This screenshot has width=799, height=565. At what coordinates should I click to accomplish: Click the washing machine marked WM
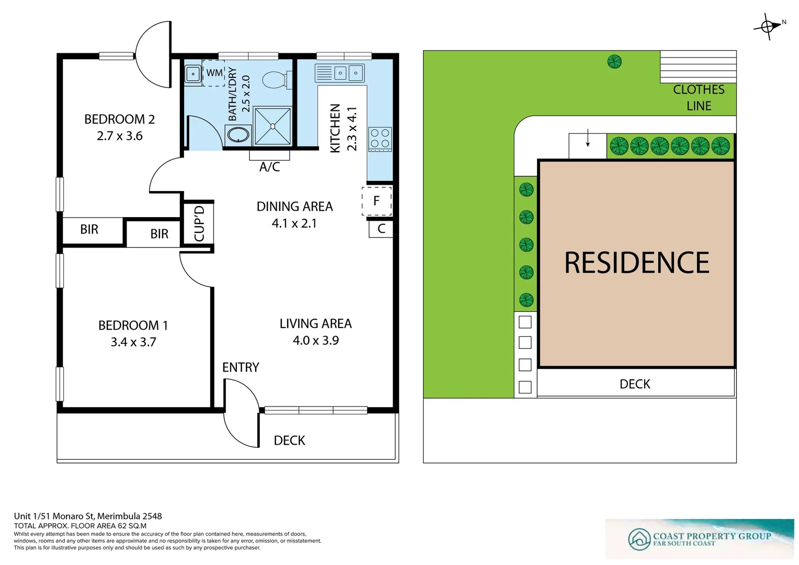click(214, 73)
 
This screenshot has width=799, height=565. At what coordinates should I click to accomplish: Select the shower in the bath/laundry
click(272, 126)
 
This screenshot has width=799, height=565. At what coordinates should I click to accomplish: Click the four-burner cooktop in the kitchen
click(380, 139)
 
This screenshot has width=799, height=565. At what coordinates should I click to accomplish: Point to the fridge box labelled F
click(376, 201)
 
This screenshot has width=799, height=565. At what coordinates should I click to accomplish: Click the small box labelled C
click(381, 229)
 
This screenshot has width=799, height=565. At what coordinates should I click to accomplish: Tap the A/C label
click(269, 167)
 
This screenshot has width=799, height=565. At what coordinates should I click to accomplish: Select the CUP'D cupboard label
click(199, 223)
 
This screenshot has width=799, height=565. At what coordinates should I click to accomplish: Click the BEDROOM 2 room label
click(119, 119)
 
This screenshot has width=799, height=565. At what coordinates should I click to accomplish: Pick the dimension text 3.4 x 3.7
click(133, 342)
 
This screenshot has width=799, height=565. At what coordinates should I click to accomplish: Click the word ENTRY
click(241, 367)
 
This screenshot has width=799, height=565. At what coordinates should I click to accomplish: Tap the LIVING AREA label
click(315, 324)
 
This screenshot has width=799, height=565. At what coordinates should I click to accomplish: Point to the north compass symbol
click(768, 26)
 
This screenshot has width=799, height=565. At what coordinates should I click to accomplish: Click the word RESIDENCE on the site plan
click(636, 263)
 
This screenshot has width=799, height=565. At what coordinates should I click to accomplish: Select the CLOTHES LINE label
click(699, 98)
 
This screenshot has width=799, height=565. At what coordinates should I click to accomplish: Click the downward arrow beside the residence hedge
click(588, 138)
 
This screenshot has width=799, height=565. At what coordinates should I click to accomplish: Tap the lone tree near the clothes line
click(614, 62)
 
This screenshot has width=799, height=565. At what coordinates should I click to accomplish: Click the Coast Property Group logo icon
click(639, 539)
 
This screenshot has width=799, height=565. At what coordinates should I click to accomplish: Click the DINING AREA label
click(294, 207)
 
